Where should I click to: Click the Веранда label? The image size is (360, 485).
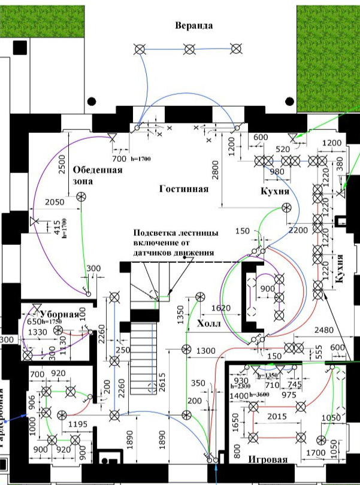coord(194,26)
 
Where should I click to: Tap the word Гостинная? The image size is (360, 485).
coord(184,189)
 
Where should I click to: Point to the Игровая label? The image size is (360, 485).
coord(268,460)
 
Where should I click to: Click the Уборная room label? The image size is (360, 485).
coord(60,314)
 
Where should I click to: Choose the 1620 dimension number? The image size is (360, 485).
coord(220,308)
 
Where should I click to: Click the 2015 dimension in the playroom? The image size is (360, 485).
coord(276,416)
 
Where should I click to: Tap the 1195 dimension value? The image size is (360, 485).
coord(77,424)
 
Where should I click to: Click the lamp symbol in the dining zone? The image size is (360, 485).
coord(81,196)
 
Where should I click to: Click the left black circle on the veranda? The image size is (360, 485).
coord(92,101)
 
